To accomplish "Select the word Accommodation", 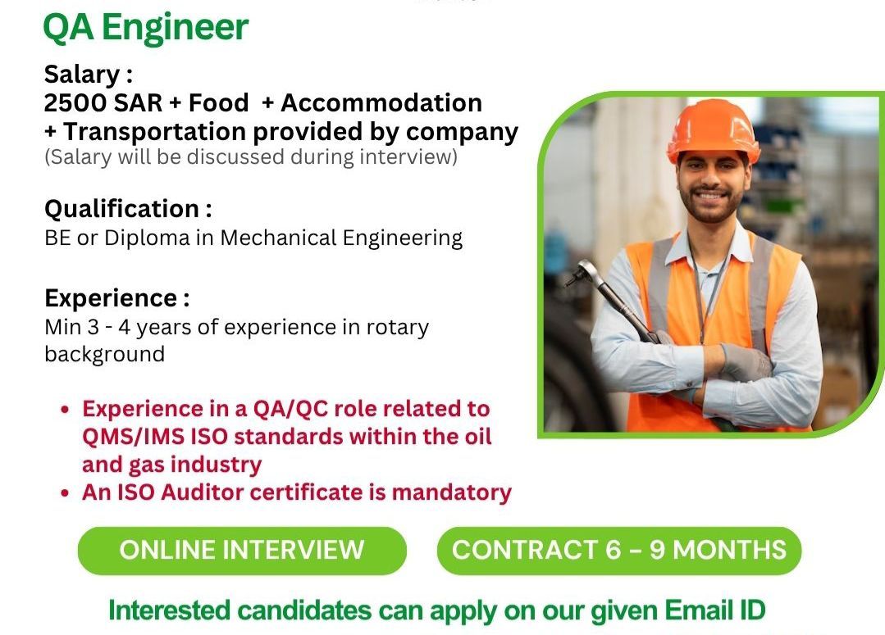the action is [381, 102].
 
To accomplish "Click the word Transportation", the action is [154, 131].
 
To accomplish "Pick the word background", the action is [104, 354].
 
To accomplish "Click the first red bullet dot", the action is [66, 410].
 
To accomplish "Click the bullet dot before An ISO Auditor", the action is [66, 493].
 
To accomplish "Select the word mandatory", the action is [452, 493].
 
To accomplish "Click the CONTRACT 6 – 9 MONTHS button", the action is [619, 551].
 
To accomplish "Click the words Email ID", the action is [714, 610].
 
